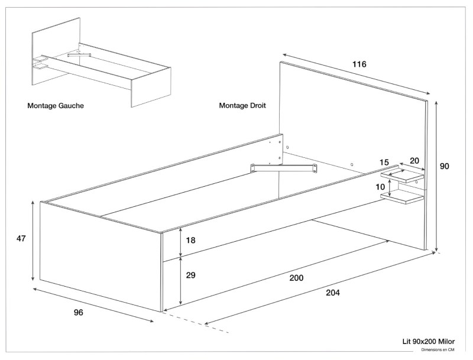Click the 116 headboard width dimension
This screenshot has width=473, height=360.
click(x=358, y=64)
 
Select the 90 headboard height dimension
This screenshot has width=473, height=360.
click(x=444, y=167)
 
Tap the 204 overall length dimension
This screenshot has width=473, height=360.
click(x=333, y=291)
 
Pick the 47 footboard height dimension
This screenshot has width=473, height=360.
click(x=21, y=239)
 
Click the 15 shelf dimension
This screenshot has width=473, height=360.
click(x=384, y=163)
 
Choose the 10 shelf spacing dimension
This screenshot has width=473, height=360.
click(x=381, y=187)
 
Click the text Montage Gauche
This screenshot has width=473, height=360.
click(x=55, y=106)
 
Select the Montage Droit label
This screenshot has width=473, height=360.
click(x=242, y=106)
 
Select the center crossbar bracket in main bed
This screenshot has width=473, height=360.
click(x=283, y=168)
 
